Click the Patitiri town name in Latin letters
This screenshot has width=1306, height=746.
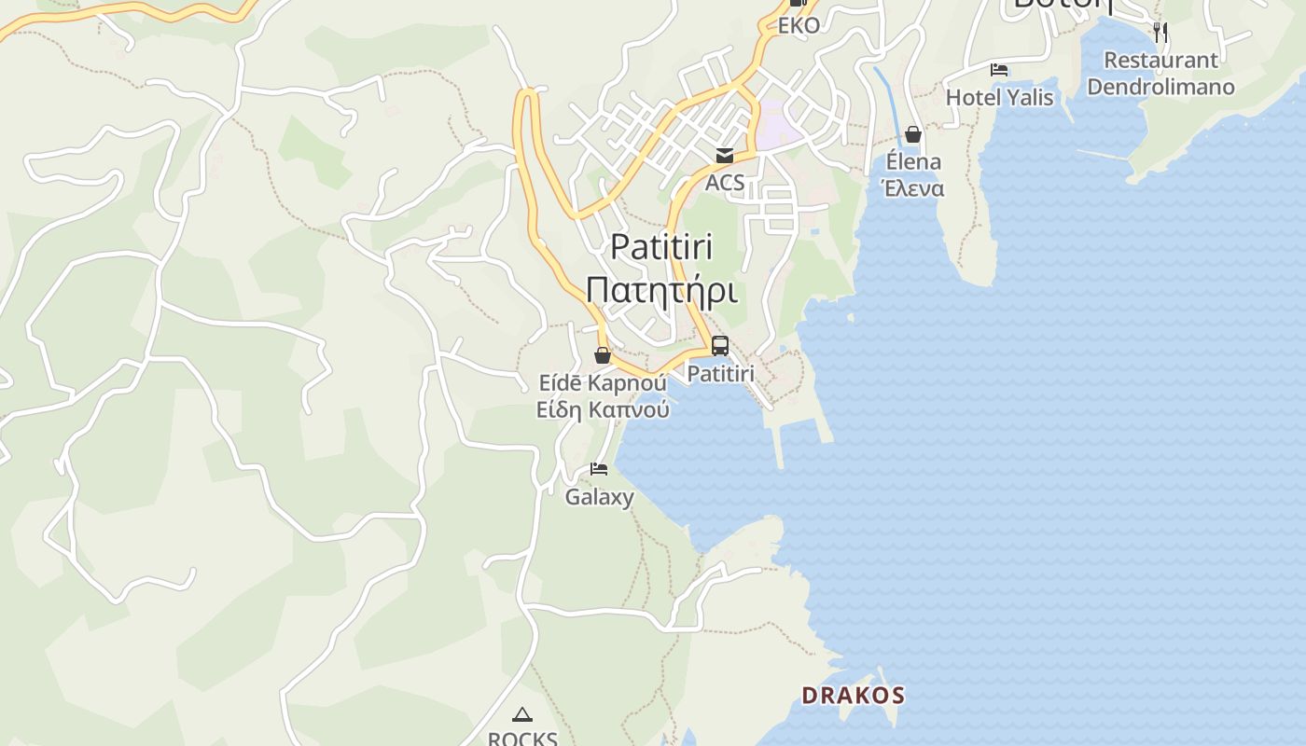click(x=661, y=247)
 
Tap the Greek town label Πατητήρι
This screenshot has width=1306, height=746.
click(x=661, y=290)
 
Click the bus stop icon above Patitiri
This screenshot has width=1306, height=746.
click(x=719, y=346)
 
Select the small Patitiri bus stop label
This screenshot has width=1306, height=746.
click(x=720, y=374)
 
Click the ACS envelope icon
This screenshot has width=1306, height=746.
click(x=725, y=156)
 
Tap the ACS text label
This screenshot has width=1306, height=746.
click(x=725, y=182)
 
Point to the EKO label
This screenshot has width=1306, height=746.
click(x=799, y=25)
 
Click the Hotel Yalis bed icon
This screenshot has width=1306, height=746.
click(x=999, y=70)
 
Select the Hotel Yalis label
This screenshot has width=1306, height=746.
click(x=999, y=97)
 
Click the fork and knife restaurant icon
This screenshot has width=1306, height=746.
click(x=1160, y=32)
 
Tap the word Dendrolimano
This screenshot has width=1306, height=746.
click(x=1160, y=87)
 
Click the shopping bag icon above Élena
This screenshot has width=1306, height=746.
click(x=913, y=135)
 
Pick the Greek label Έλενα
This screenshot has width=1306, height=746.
click(x=913, y=188)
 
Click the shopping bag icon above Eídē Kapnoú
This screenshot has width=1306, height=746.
click(x=603, y=355)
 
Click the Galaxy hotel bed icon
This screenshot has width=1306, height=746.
click(x=599, y=469)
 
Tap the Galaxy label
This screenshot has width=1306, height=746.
click(x=599, y=497)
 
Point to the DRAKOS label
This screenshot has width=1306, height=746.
click(x=854, y=695)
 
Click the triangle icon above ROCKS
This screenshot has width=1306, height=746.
click(x=522, y=715)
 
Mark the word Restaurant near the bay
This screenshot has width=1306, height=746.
click(x=1160, y=60)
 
